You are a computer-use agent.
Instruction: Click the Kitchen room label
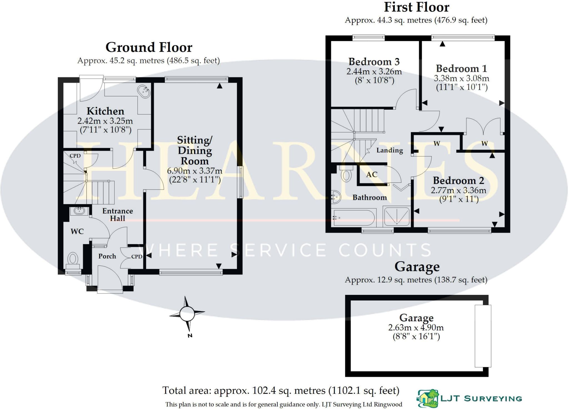pyautogui.click(x=105, y=111)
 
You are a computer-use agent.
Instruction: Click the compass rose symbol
pyautogui.click(x=187, y=314)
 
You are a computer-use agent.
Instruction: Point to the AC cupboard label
pyautogui.click(x=372, y=175)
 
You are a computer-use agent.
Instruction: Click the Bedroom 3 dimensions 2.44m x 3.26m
pyautogui.click(x=374, y=72)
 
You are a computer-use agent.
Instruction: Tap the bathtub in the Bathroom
pyautogui.click(x=354, y=218)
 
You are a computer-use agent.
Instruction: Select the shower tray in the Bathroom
pyautogui.click(x=396, y=216)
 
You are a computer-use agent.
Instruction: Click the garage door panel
pyautogui.click(x=483, y=336)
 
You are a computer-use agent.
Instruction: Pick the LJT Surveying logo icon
pyautogui.click(x=428, y=398)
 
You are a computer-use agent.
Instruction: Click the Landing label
pyautogui.click(x=390, y=150)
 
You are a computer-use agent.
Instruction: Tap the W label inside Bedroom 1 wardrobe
pyautogui.click(x=484, y=144)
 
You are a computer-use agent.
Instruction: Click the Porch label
pyautogui.click(x=107, y=256)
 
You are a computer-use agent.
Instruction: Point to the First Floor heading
pyautogui.click(x=416, y=7)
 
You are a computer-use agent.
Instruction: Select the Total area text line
pyautogui.click(x=281, y=391)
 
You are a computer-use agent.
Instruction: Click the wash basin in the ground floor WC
pyautogui.click(x=79, y=211)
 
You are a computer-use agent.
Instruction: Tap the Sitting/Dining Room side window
pyautogui.click(x=241, y=182)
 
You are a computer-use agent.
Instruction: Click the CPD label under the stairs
pyautogui.click(x=75, y=156)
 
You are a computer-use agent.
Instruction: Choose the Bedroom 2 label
pyautogui.click(x=458, y=181)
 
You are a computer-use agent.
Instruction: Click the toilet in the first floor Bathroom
pyautogui.click(x=346, y=175)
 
